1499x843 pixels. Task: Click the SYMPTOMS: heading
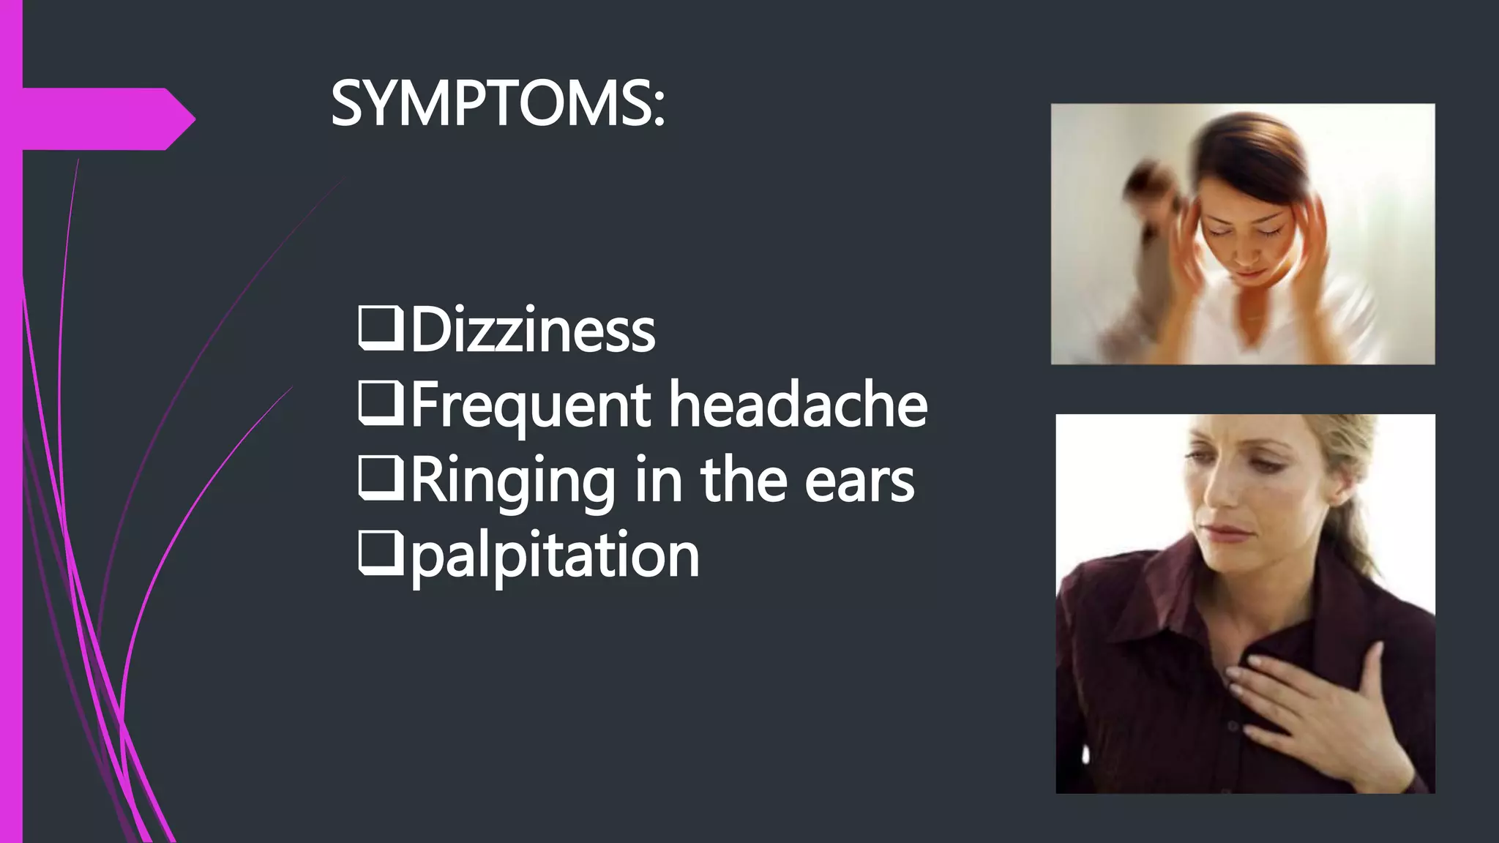498,104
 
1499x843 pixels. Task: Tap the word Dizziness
532,331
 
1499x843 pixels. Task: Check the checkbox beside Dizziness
380,329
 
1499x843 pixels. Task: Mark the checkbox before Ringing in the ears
380,479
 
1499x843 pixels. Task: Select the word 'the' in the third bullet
743,481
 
